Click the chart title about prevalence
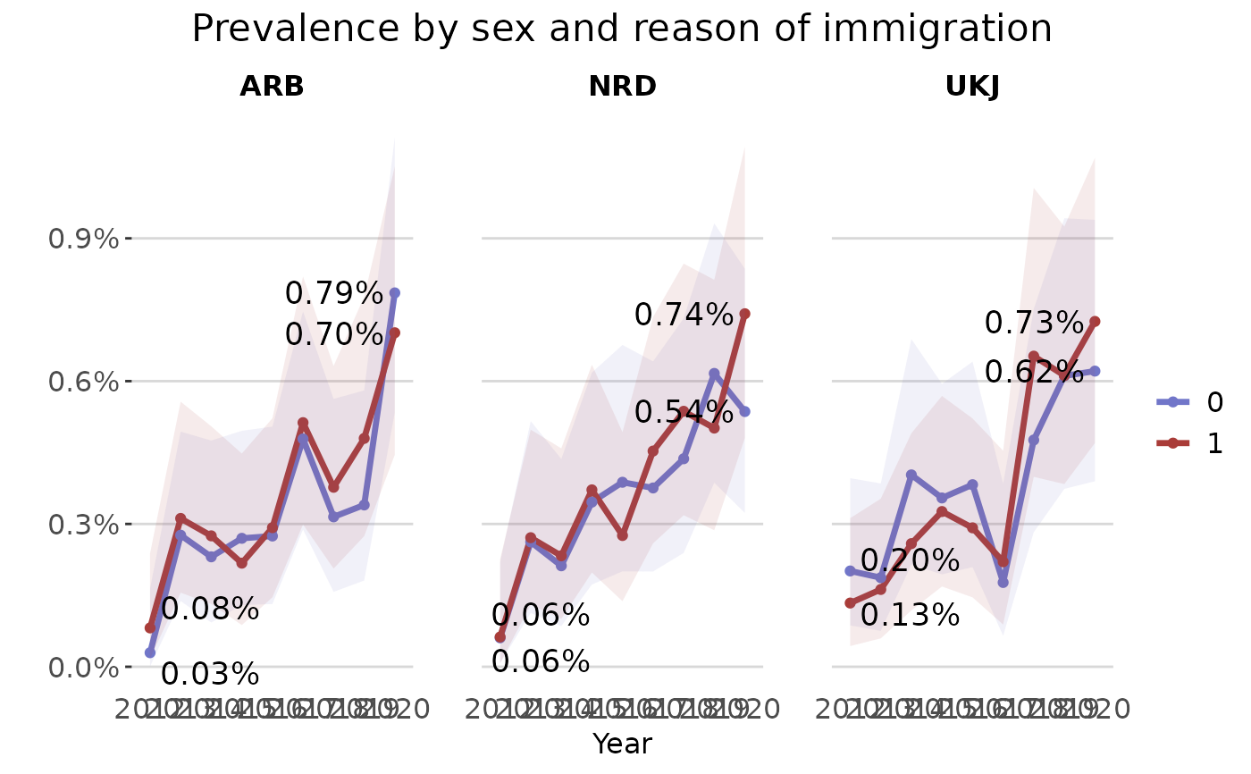pos(622,29)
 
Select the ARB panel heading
pos(272,87)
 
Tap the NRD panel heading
pos(622,87)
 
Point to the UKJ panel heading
pos(972,87)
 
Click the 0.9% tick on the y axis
pos(83,239)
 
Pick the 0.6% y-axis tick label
pos(83,382)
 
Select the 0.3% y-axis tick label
pos(83,524)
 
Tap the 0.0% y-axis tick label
pos(83,667)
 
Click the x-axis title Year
pos(622,744)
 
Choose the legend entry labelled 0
pos(1214,402)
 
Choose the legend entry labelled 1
pos(1214,444)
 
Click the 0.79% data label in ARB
pos(333,293)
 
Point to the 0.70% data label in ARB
pos(333,334)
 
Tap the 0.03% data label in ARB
pos(210,675)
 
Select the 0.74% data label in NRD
pos(684,315)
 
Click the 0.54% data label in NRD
pos(684,412)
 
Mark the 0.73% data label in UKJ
pos(1034,323)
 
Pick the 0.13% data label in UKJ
pos(910,615)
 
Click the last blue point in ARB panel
pos(394,293)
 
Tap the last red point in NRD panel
pos(744,314)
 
